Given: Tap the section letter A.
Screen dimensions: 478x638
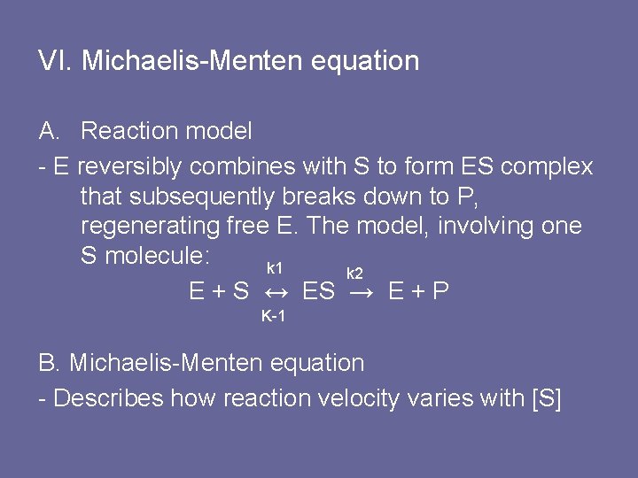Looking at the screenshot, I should coord(49,131).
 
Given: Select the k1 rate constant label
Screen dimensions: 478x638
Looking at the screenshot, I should coord(275,268).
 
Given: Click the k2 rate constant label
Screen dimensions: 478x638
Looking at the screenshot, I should coord(354,274).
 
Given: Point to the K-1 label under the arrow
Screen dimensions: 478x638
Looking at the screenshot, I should coord(273,316).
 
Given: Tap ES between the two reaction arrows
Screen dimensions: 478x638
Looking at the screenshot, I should coord(319,290).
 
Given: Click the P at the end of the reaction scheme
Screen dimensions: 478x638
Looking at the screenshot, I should coord(440,290).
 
